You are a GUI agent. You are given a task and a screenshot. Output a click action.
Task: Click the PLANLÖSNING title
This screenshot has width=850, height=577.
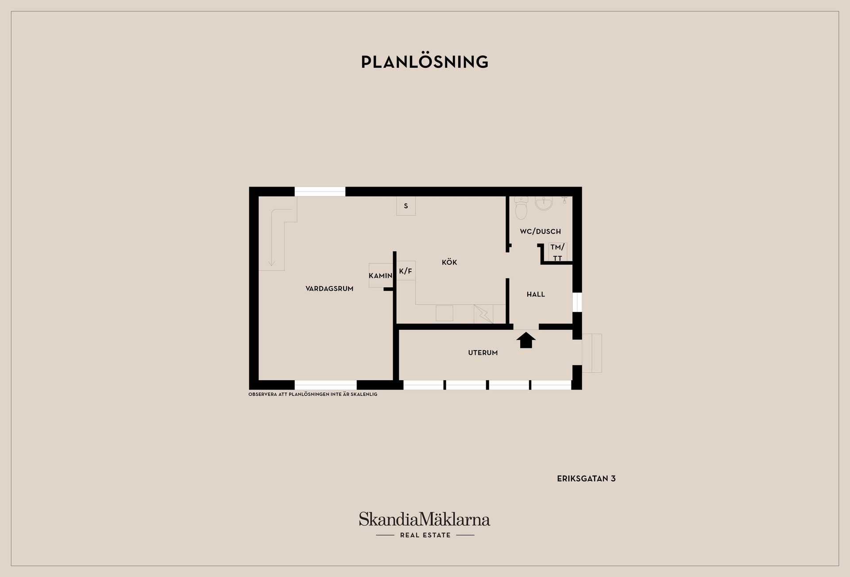pos(425,62)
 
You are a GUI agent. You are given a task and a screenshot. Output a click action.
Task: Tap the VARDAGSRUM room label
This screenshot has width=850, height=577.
pos(329,288)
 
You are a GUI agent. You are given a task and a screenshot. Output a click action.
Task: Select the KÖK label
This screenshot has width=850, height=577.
pos(449,262)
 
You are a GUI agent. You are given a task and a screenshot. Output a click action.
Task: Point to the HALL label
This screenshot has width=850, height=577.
pos(536,294)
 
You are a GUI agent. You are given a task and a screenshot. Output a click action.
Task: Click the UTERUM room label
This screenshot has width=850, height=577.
pos(483,353)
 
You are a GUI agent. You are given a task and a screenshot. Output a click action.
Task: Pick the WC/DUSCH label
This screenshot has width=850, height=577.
pos(540,231)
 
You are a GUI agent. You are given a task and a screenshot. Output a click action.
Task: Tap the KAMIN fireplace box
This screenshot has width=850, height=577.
pos(381,275)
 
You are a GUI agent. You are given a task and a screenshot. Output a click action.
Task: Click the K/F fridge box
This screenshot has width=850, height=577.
pos(406,270)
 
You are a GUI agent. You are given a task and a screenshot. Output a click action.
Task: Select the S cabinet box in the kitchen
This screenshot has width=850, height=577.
pos(406,206)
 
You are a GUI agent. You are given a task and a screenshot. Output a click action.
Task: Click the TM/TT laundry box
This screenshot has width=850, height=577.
pos(558,252)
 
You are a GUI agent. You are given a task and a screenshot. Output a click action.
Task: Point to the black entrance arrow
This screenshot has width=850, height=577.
pos(526,340)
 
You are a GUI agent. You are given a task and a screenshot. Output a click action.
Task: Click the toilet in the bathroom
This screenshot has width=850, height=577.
pos(522,208)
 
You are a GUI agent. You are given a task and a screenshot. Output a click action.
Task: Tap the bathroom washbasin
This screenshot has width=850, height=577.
pos(544,203)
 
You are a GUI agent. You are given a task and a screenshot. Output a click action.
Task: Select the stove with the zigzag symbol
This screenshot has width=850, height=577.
pos(483,314)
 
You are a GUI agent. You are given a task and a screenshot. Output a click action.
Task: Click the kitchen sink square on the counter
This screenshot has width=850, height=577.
pos(444,313)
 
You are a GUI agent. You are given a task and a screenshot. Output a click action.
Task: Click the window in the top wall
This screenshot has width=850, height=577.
pos(320,191)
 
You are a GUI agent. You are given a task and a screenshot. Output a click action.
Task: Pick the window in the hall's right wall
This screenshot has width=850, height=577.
pos(577,302)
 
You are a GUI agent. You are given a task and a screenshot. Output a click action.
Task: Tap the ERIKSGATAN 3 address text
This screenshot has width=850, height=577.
pos(586,479)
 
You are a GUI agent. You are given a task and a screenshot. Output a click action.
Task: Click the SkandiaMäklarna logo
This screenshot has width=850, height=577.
pos(425,525)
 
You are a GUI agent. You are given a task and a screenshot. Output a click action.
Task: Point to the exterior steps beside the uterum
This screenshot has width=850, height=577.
pos(592,353)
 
